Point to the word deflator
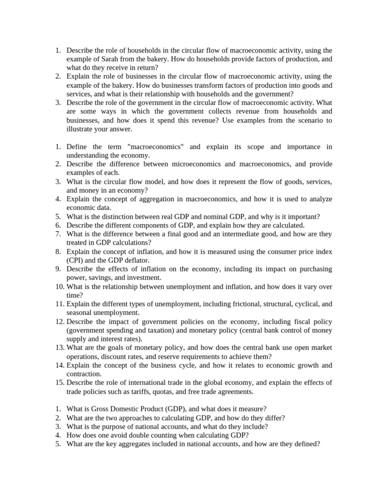134,260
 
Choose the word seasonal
80,313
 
